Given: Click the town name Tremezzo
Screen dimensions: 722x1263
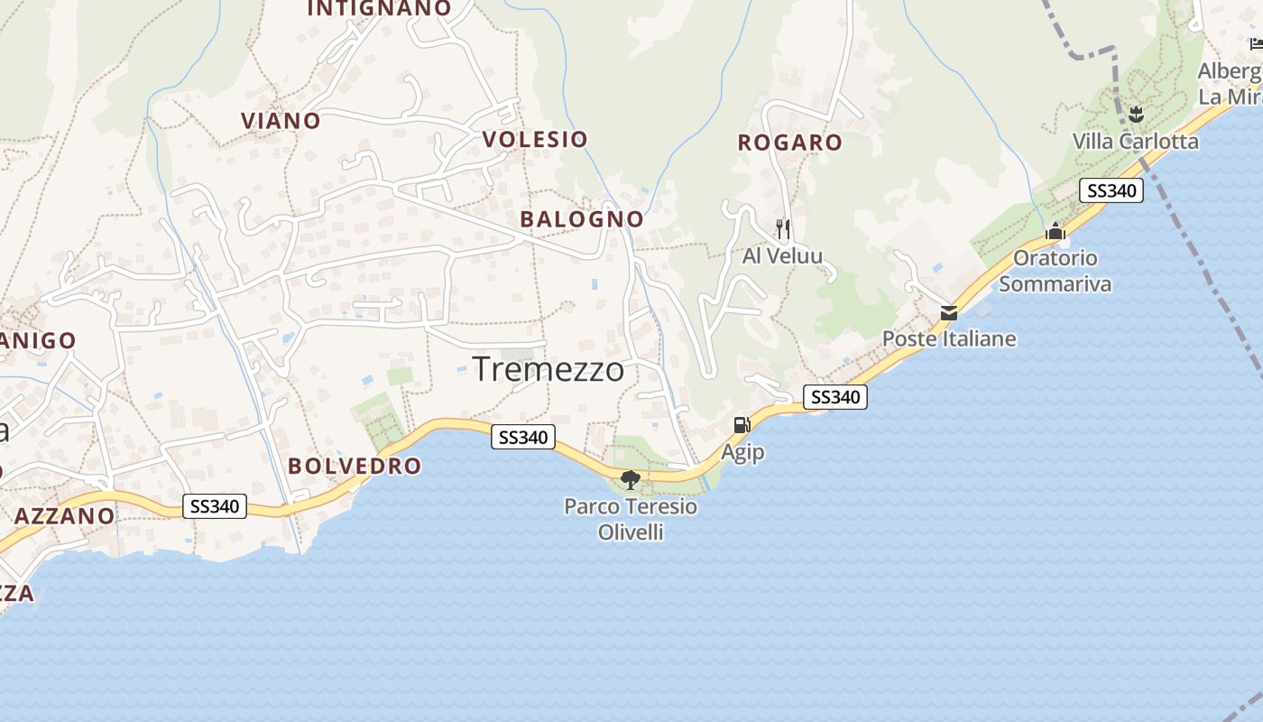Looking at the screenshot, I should tap(548, 369).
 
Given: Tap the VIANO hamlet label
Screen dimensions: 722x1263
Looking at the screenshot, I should tap(281, 121).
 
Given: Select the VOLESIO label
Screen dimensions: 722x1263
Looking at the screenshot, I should tap(535, 139).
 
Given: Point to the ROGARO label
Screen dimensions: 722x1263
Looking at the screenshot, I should tap(789, 143).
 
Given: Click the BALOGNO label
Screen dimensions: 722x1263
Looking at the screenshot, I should tap(582, 219).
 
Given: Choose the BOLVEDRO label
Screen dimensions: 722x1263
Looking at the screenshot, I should tap(355, 467).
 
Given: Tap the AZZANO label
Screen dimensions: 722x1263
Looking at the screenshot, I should tap(65, 516).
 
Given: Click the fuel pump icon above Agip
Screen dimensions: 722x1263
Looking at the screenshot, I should tap(742, 425).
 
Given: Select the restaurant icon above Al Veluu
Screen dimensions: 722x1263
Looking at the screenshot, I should tap(782, 229).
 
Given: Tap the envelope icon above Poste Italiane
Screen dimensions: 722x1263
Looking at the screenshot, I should tap(949, 313).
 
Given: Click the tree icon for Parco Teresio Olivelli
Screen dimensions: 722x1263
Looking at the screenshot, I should tap(631, 479).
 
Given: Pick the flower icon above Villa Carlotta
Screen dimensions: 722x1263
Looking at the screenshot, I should tap(1136, 115).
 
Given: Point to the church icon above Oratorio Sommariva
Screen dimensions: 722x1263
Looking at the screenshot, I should tap(1055, 232).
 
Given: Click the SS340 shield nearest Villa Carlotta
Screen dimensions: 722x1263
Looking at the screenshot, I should tap(1111, 190).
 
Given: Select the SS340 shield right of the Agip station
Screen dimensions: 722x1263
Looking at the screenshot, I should tap(834, 397).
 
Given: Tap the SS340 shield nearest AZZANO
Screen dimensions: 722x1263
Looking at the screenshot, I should tap(215, 506).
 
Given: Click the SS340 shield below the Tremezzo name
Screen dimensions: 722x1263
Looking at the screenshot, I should tap(522, 438).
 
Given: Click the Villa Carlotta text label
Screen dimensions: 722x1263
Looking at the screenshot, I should tap(1136, 142).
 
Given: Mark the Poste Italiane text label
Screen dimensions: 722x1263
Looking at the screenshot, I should tap(949, 339).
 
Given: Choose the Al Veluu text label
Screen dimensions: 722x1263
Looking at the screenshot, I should tap(782, 256).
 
